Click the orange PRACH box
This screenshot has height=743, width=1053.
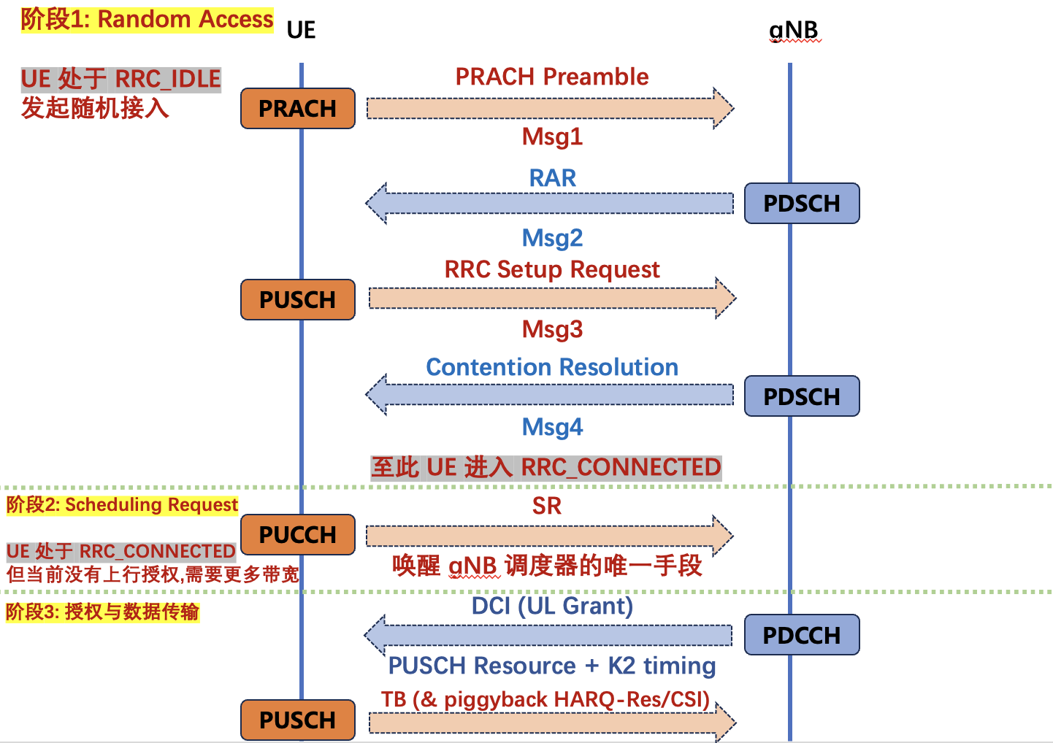[x=298, y=109]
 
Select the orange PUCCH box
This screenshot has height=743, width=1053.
[x=298, y=535]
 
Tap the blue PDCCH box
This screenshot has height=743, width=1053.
[x=802, y=635]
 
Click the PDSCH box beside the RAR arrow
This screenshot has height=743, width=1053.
[x=802, y=203]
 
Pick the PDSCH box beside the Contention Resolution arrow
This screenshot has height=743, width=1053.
[x=802, y=396]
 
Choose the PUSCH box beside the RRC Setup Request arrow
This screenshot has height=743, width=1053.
[x=298, y=300]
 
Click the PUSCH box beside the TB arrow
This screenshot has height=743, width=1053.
[x=298, y=720]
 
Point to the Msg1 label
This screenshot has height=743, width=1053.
[x=552, y=136]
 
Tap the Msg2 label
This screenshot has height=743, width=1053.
[x=552, y=238]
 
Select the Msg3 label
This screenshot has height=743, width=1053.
[x=552, y=329]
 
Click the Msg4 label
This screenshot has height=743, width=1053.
[x=552, y=427]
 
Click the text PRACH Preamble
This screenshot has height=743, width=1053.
[x=552, y=77]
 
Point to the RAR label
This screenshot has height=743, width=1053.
[x=552, y=178]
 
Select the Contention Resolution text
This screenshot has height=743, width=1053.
[x=552, y=367]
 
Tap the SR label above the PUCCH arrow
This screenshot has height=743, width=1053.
[x=547, y=506]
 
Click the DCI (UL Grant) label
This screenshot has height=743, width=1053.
[x=552, y=606]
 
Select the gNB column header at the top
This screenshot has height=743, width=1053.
[x=794, y=30]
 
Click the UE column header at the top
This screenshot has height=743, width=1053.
[x=301, y=30]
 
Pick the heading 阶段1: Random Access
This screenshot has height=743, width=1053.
[x=147, y=20]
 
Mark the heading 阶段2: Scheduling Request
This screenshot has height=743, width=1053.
[x=122, y=505]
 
